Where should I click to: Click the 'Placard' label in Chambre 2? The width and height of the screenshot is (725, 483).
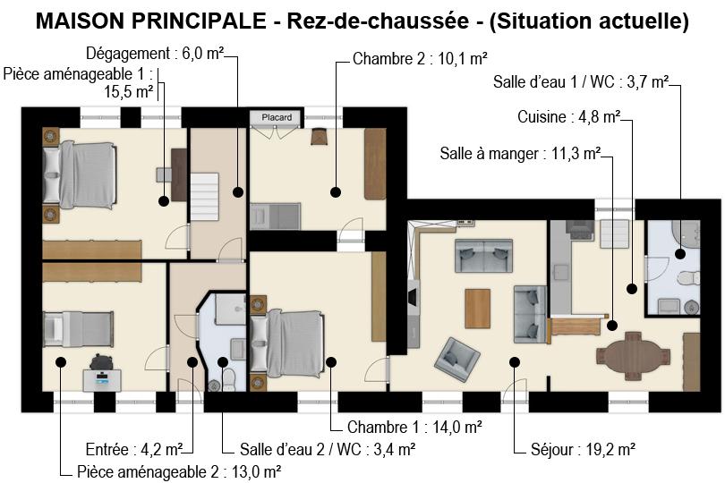pyautogui.click(x=277, y=117)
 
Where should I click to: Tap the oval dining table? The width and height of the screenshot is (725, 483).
pyautogui.click(x=633, y=354)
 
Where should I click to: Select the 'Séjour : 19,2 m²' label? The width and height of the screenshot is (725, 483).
pyautogui.click(x=583, y=449)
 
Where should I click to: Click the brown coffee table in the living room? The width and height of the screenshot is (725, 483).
pyautogui.click(x=478, y=309)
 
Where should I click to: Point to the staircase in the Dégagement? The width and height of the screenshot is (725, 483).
pyautogui.click(x=204, y=197)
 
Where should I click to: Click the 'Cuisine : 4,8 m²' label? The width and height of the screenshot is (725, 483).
pyautogui.click(x=568, y=117)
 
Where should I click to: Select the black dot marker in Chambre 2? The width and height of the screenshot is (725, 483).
pyautogui.click(x=336, y=192)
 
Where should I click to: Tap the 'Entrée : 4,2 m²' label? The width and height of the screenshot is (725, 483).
pyautogui.click(x=134, y=449)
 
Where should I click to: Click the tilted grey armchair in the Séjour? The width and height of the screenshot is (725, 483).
pyautogui.click(x=456, y=359)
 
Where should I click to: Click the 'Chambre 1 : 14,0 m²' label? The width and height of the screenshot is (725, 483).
pyautogui.click(x=414, y=427)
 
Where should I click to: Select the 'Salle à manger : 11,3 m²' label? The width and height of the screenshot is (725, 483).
pyautogui.click(x=520, y=154)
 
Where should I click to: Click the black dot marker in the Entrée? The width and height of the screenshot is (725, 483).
pyautogui.click(x=192, y=362)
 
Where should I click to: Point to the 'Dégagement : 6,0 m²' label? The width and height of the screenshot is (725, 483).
pyautogui.click(x=155, y=54)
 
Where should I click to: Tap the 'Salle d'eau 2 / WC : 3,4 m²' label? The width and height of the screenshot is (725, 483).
pyautogui.click(x=327, y=449)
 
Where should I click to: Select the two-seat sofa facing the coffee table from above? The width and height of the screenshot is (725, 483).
pyautogui.click(x=483, y=256)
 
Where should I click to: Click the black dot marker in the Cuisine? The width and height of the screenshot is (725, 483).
pyautogui.click(x=632, y=289)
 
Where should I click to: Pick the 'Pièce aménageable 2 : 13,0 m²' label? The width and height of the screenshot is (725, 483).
pyautogui.click(x=179, y=472)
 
